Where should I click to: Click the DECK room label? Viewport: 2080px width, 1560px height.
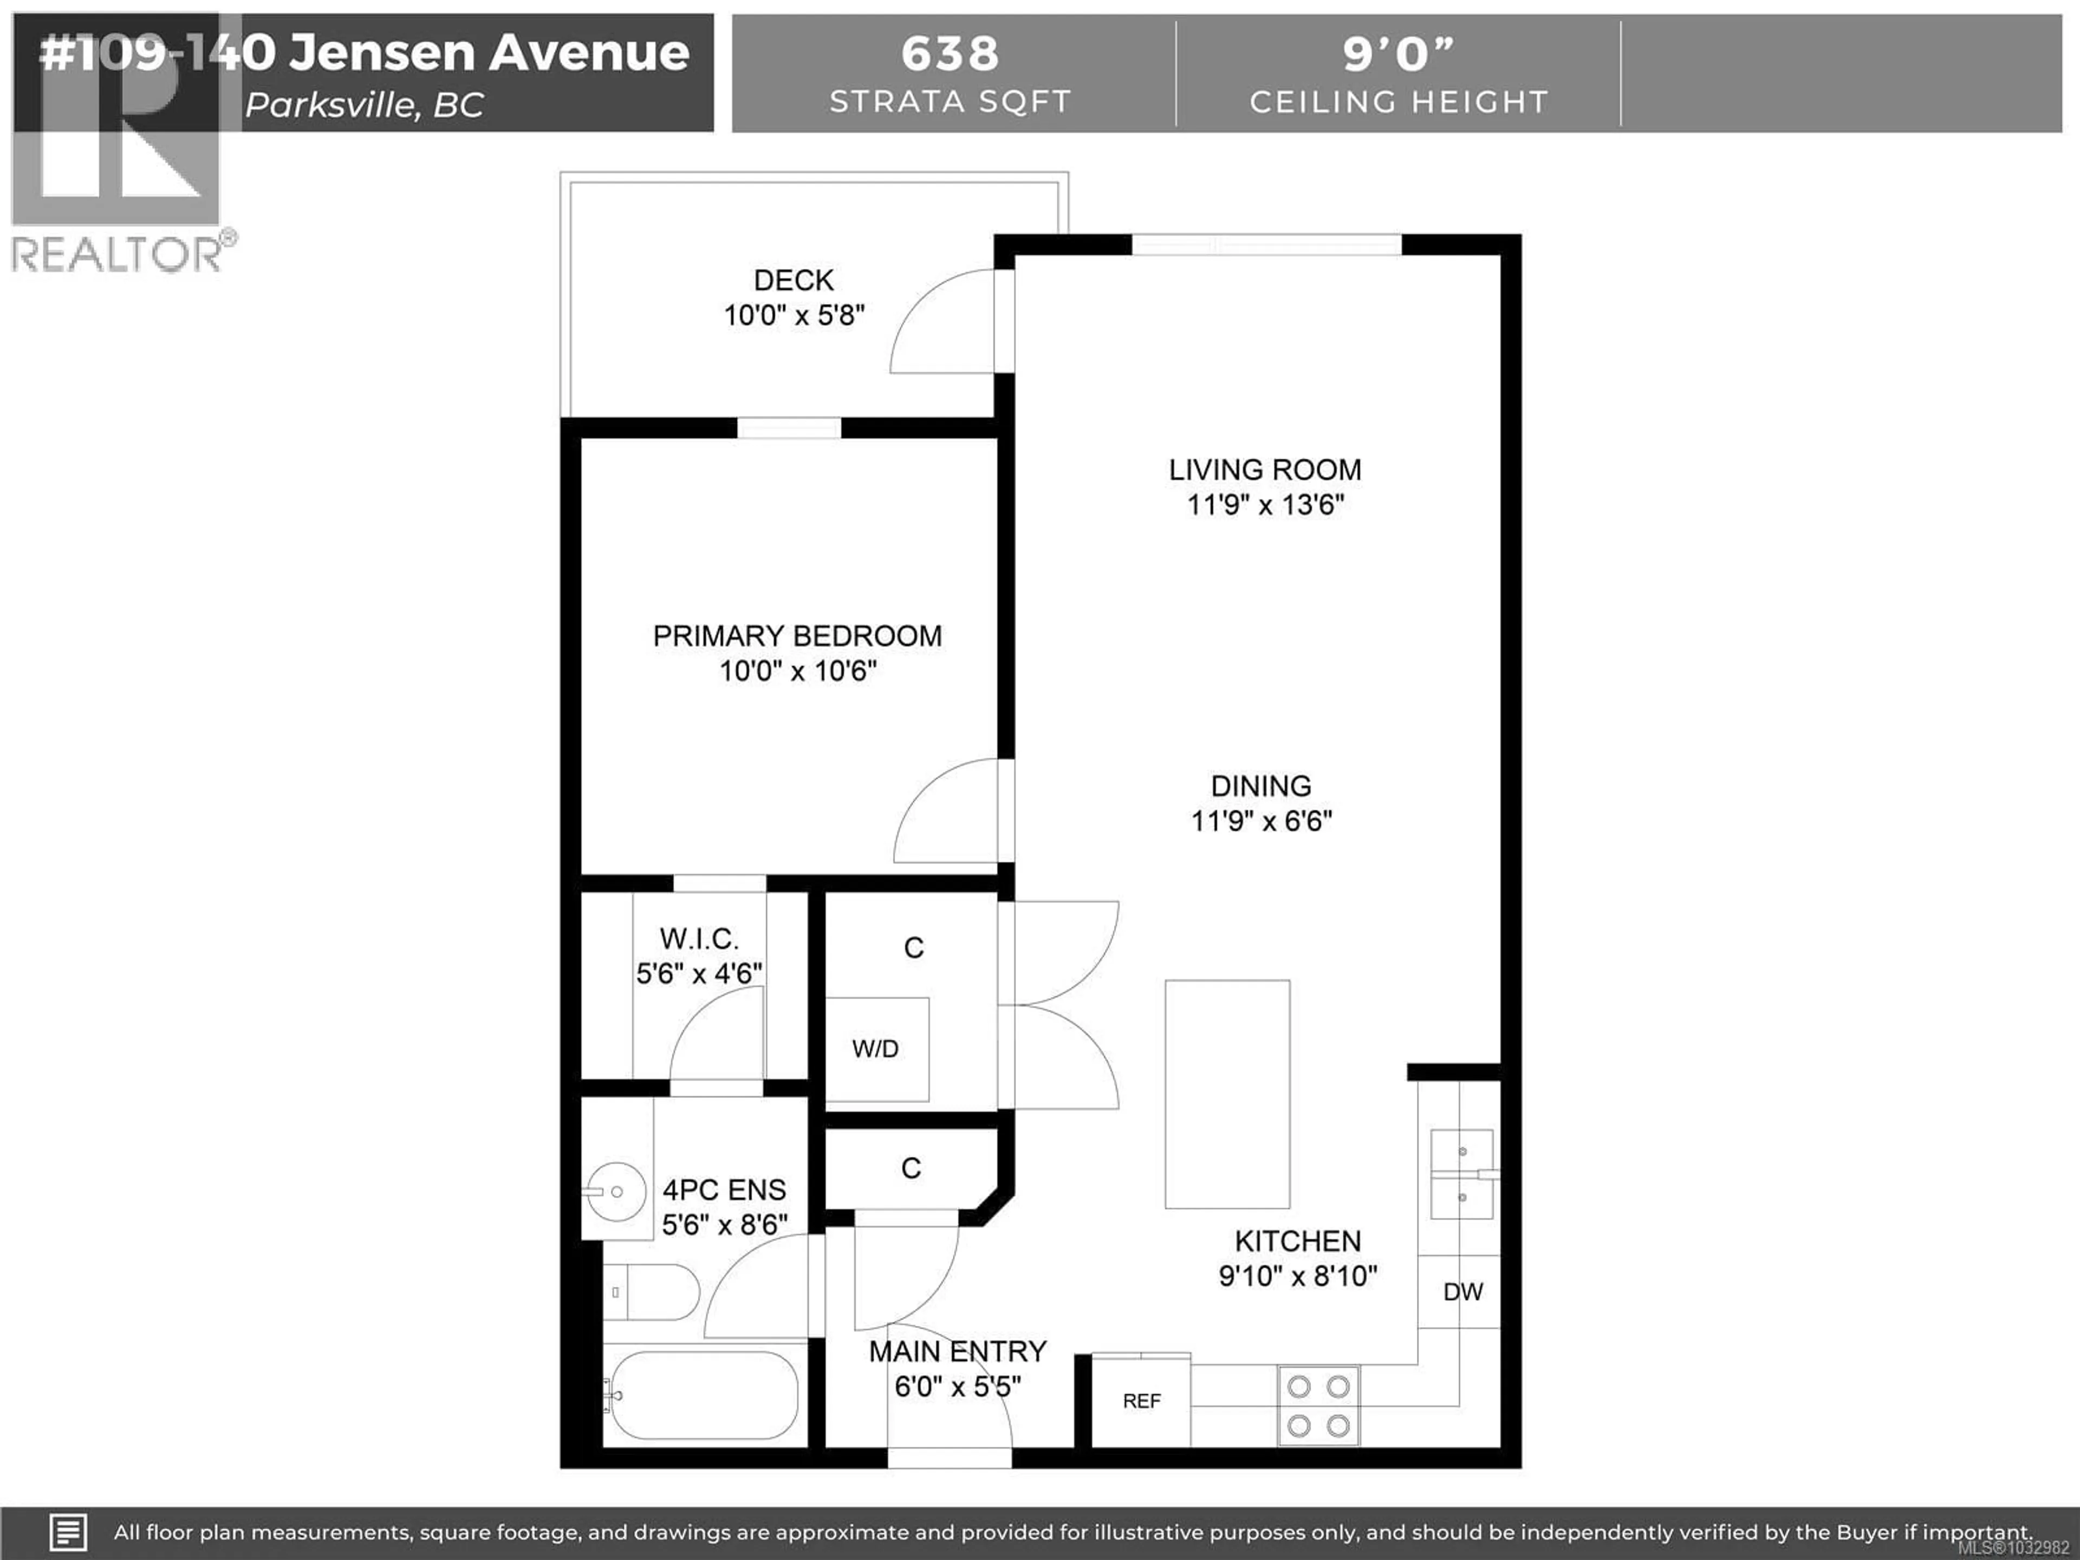[x=794, y=280]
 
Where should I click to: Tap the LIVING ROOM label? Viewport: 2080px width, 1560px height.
[x=1265, y=469]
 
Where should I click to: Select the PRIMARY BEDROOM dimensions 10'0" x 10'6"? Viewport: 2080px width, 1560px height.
[x=797, y=671]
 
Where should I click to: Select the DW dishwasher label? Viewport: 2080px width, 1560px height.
[x=1462, y=1292]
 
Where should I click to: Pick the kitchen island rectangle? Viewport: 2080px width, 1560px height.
[x=1227, y=1094]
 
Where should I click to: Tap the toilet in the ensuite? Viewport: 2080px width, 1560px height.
[x=651, y=1292]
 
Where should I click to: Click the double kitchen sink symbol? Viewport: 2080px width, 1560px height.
[x=1461, y=1174]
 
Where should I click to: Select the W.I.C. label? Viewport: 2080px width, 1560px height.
[x=699, y=939]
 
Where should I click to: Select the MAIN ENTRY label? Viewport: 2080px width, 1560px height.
[x=957, y=1351]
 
